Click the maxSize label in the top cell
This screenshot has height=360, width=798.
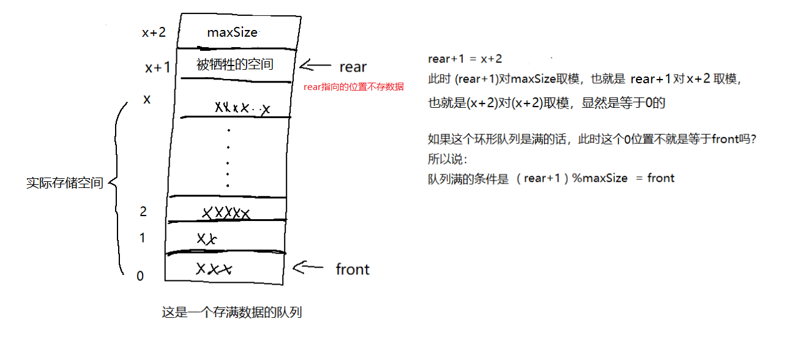pyautogui.click(x=233, y=32)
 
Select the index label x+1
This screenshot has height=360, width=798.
pyautogui.click(x=158, y=68)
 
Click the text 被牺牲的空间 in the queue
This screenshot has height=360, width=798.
pyautogui.click(x=235, y=64)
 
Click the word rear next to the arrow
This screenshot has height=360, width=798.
pyautogui.click(x=353, y=67)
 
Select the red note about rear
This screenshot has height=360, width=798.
pyautogui.click(x=354, y=87)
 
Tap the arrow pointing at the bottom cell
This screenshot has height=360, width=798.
pyautogui.click(x=308, y=267)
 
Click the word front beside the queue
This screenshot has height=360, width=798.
pyautogui.click(x=352, y=269)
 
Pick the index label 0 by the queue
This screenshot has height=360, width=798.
pyautogui.click(x=140, y=276)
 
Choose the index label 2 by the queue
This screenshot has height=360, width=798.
pyautogui.click(x=143, y=212)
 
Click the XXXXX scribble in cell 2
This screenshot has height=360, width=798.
pyautogui.click(x=226, y=213)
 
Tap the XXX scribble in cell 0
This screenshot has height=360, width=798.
pyautogui.click(x=214, y=269)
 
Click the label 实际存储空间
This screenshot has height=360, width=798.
pyautogui.click(x=65, y=183)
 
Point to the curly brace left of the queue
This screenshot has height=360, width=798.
pyautogui.click(x=117, y=184)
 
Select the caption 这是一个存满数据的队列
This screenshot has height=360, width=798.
pyautogui.click(x=232, y=313)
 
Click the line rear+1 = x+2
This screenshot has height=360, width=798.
pyautogui.click(x=465, y=59)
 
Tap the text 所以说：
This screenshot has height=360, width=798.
pyautogui.click(x=448, y=159)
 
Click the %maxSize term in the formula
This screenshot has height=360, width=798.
pyautogui.click(x=600, y=178)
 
